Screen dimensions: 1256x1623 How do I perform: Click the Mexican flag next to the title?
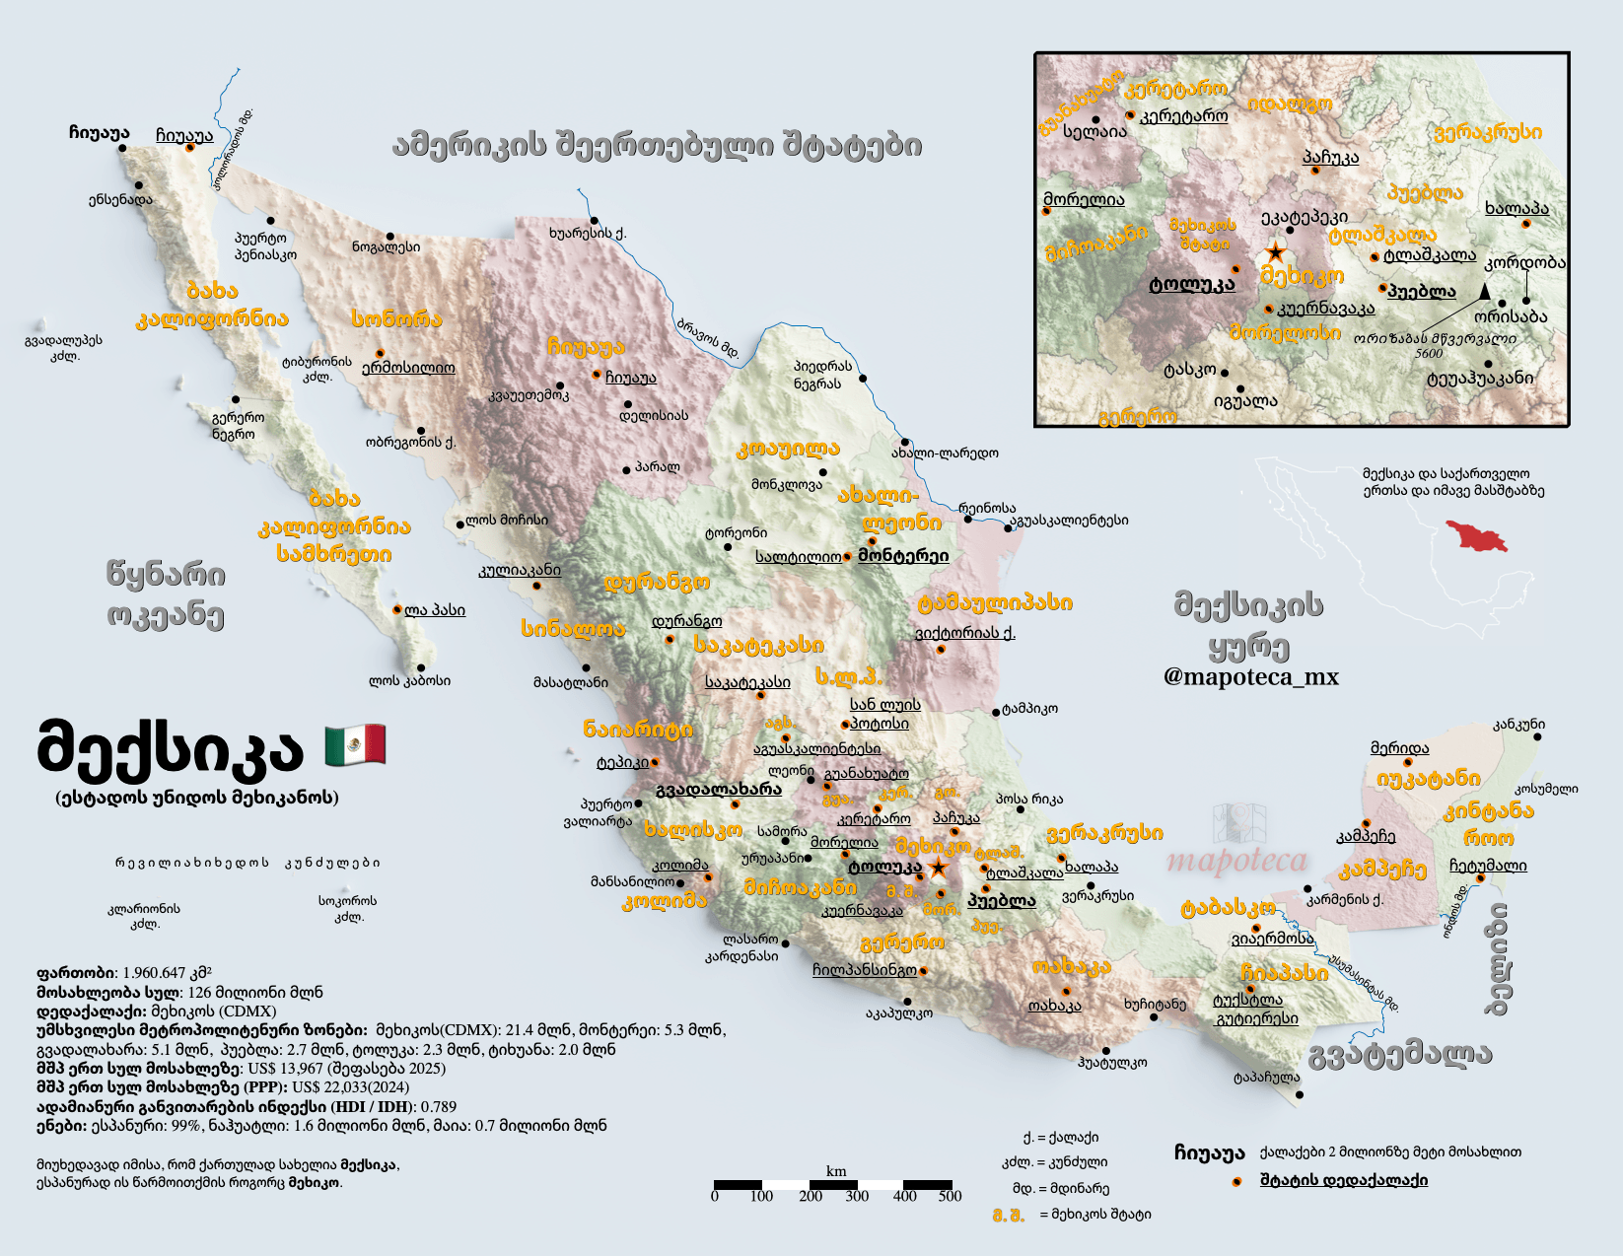click(x=355, y=744)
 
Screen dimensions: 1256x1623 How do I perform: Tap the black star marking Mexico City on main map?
click(x=938, y=868)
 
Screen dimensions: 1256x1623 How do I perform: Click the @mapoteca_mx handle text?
click(x=1251, y=676)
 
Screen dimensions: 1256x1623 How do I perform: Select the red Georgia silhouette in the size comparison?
click(x=1477, y=536)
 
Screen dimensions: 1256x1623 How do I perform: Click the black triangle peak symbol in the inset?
click(x=1484, y=291)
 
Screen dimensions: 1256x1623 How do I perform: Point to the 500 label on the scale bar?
click(x=950, y=1196)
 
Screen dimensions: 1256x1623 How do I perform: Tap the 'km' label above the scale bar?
click(x=836, y=1171)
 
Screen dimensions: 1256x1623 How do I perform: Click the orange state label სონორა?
click(x=396, y=318)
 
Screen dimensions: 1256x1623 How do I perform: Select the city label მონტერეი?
click(x=903, y=555)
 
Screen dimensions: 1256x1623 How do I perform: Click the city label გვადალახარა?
click(x=718, y=789)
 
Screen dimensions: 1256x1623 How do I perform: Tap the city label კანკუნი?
click(x=1518, y=724)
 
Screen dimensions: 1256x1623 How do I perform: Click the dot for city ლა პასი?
click(x=397, y=610)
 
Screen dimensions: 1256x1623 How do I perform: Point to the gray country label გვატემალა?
click(x=1400, y=1054)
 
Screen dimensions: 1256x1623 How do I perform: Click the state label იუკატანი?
click(x=1428, y=779)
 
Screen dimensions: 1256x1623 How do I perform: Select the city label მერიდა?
click(x=1399, y=748)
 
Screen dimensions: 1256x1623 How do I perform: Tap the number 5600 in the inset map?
click(x=1428, y=353)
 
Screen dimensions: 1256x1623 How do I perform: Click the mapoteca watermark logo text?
click(x=1236, y=861)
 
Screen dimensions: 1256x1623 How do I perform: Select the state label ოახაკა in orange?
click(x=1072, y=967)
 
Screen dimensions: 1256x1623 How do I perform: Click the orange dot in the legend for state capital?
click(x=1236, y=1181)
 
